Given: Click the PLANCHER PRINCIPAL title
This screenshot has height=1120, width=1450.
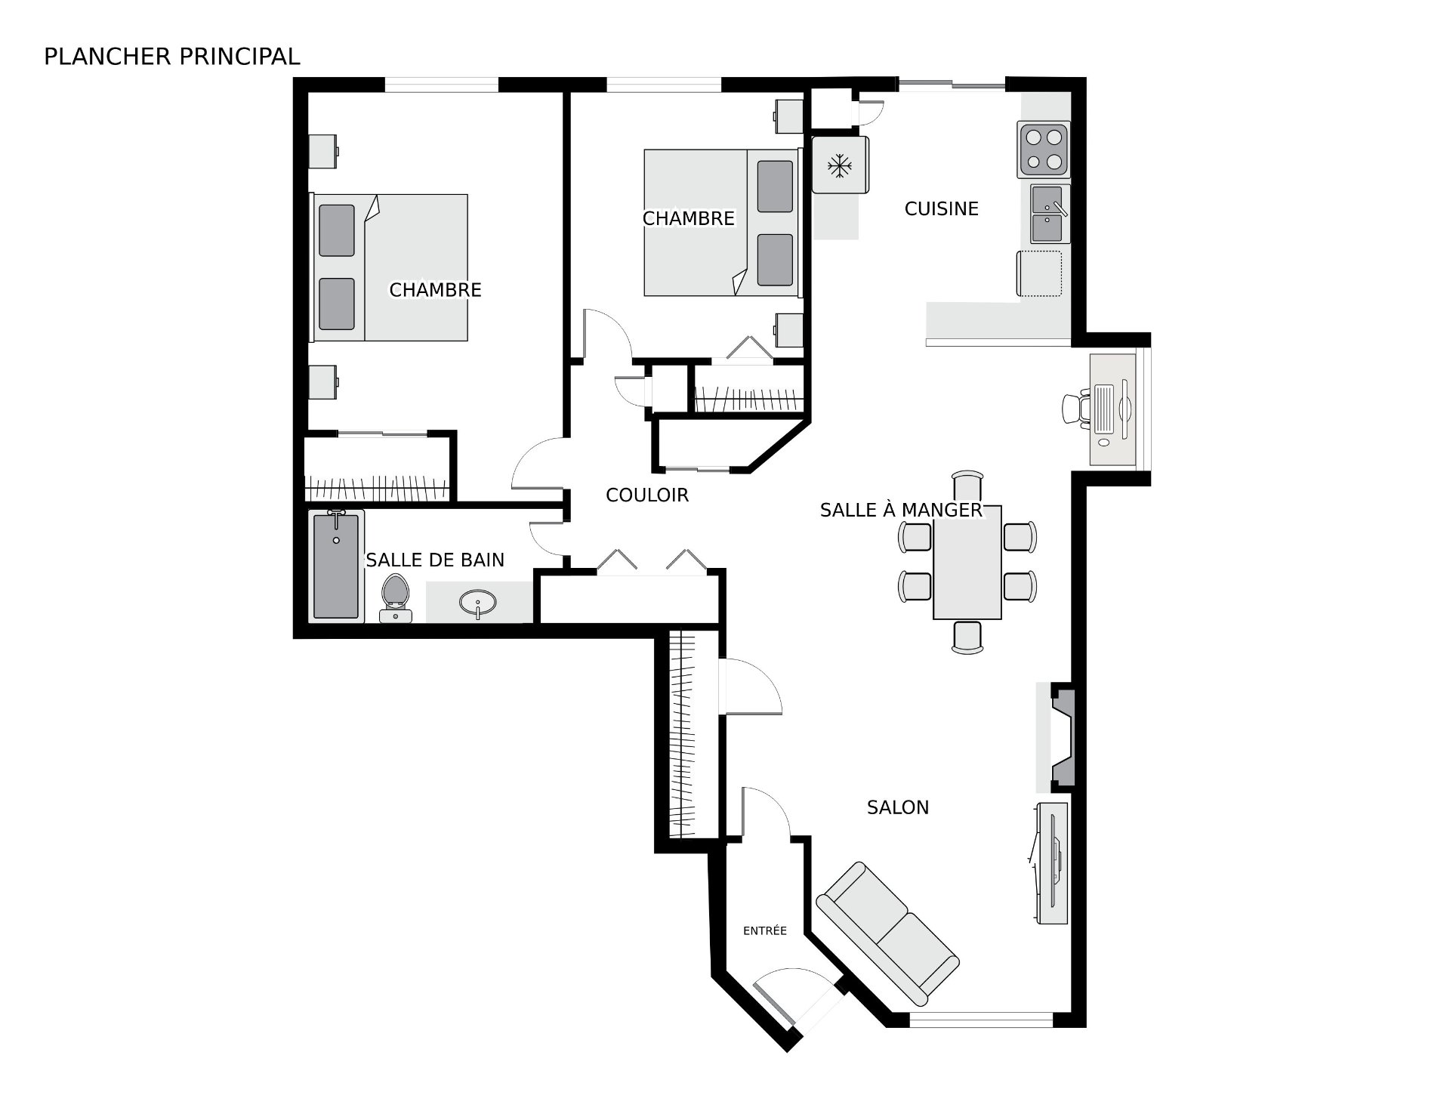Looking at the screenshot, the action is (172, 57).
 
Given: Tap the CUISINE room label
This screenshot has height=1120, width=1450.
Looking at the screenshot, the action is (941, 209).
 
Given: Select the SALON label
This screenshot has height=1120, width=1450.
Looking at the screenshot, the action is (898, 807).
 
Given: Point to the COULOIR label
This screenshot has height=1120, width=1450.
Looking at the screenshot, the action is (647, 495).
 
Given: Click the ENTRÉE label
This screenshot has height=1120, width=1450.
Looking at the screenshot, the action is (765, 931).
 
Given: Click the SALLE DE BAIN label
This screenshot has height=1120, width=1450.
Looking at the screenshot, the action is (435, 560).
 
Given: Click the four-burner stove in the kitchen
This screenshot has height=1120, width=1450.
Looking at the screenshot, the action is (1044, 149).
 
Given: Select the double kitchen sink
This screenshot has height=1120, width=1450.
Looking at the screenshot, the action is (1050, 214).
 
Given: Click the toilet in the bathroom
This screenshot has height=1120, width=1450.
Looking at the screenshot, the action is (395, 598).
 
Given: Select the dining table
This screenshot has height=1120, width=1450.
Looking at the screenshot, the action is (967, 562).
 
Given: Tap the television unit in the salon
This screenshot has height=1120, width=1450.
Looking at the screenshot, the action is (1051, 863).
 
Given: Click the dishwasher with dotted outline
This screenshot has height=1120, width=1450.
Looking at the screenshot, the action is (1039, 273).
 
